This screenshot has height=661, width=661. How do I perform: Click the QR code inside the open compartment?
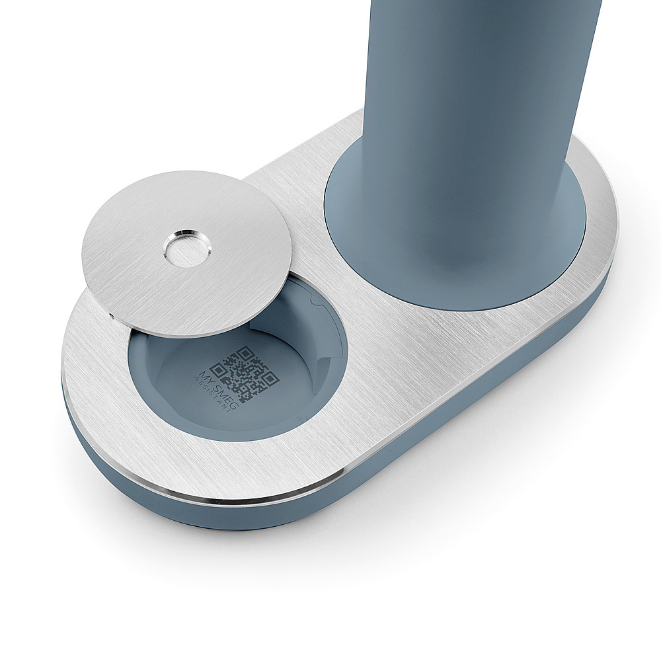pos(245,373)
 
